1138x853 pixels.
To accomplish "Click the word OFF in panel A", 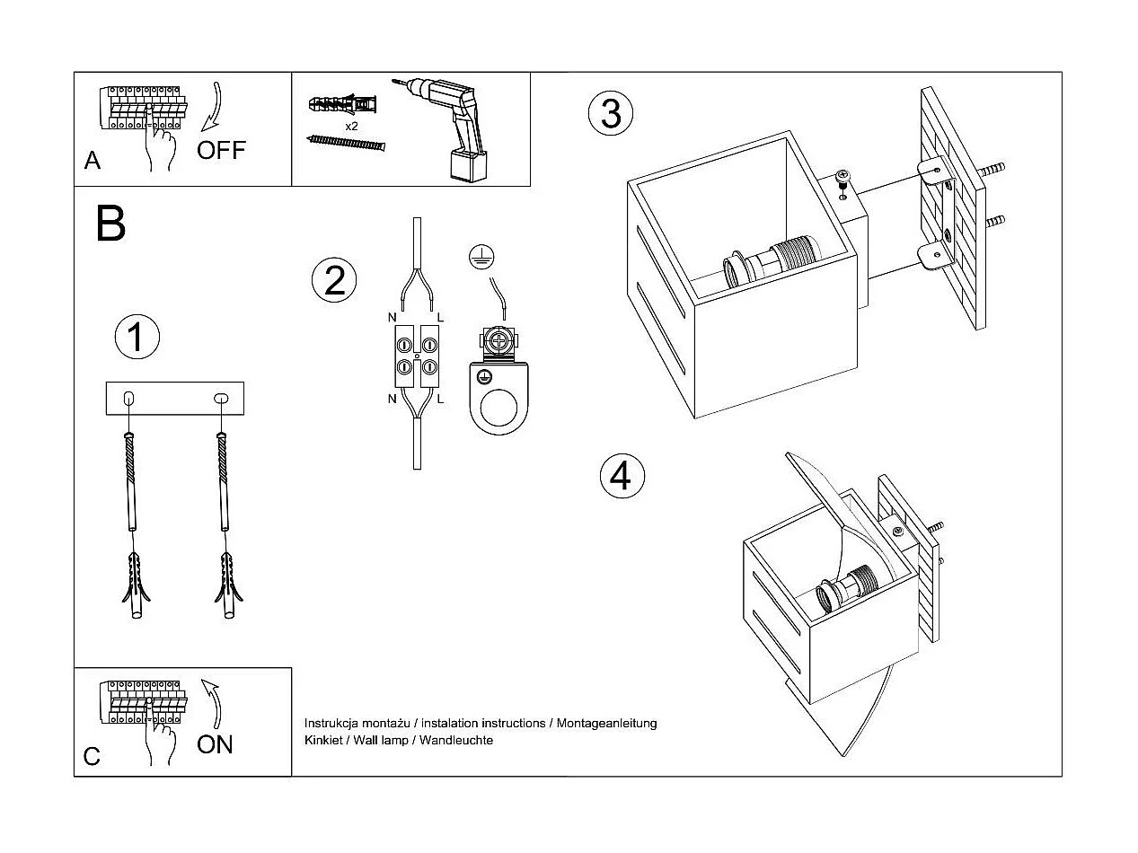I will pos(221,150).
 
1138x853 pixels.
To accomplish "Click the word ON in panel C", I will pos(215,744).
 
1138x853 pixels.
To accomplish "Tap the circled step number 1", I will pos(137,338).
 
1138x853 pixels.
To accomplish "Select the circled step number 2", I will pos(334,281).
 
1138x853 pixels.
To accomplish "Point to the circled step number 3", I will pos(611,114).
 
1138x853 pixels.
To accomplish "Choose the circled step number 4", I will pos(622,476).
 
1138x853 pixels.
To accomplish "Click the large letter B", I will pos(110,224).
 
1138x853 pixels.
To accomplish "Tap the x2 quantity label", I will pos(351,127).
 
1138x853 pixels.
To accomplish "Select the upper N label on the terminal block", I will pos(392,317).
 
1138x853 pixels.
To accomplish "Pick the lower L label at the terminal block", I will pos(440,399).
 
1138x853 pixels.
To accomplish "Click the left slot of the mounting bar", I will pos(128,398).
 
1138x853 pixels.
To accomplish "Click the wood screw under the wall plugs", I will pos(346,143).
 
